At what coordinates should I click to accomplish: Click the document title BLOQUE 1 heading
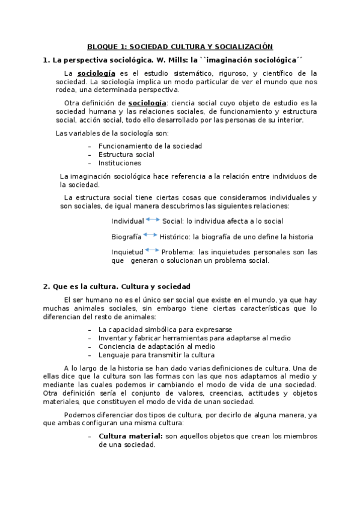coord(180,46)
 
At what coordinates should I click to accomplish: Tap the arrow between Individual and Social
coord(153,220)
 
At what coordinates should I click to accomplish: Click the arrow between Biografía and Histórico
coord(150,236)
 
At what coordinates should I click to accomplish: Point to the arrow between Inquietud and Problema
coord(152,250)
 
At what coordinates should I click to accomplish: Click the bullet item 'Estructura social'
coord(126,155)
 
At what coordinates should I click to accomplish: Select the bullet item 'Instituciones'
coord(120,163)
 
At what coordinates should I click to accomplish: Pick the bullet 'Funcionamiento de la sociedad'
coord(150,146)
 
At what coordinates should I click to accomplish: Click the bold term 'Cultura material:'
coord(130,436)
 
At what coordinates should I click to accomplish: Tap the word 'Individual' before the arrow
coord(127,221)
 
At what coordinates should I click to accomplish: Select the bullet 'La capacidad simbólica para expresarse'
coord(165,330)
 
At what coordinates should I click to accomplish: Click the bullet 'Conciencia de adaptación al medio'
coord(157,346)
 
